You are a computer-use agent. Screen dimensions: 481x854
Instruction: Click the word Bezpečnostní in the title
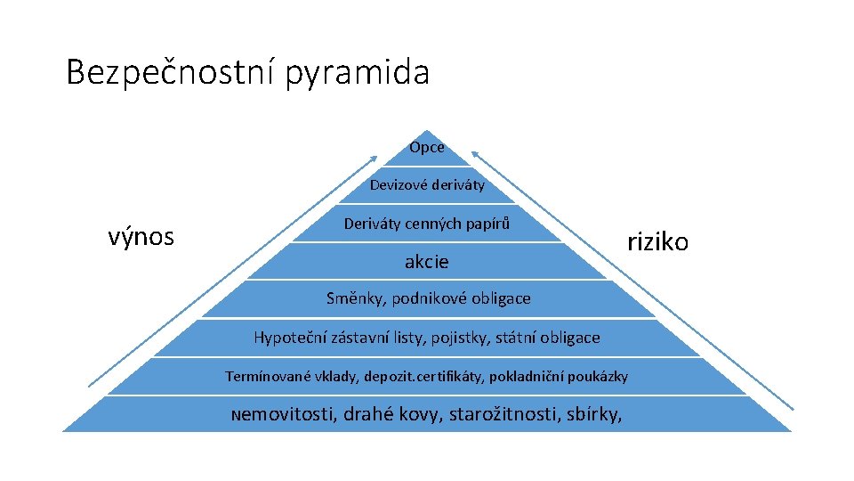171,72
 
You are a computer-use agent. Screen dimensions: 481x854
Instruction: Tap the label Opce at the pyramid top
427,147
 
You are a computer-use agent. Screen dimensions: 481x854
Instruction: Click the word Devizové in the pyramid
399,185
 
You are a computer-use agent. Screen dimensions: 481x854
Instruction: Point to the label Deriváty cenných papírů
427,224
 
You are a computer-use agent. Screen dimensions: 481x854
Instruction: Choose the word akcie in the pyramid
427,262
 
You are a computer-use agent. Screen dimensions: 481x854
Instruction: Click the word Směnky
353,298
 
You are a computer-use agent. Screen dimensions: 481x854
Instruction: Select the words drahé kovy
392,414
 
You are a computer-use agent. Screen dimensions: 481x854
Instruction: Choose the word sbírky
594,414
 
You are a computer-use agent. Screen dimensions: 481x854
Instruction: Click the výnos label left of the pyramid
141,237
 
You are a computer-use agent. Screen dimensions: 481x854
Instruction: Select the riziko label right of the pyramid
657,241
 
